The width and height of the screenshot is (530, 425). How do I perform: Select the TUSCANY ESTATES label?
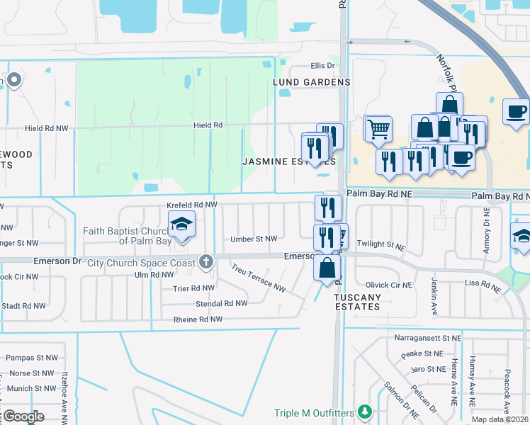coord(358,302)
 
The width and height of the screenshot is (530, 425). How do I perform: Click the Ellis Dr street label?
coord(322,66)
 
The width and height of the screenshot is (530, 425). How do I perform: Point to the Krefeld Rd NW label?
coord(191,205)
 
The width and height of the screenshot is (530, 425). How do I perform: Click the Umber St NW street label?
coord(254,239)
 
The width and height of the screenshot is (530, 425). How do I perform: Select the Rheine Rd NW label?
coord(198,319)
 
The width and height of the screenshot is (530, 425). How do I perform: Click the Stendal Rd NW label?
coord(222,303)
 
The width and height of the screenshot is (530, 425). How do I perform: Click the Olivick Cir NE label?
coord(388,285)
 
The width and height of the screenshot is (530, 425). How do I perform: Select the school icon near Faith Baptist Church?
coord(181,225)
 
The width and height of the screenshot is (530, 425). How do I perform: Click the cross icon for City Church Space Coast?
coord(206,262)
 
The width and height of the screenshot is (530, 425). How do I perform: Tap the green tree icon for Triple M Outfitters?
coord(364,411)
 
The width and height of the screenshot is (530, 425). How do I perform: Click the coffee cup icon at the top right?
coord(516,111)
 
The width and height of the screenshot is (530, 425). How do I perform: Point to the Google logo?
coord(23,416)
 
